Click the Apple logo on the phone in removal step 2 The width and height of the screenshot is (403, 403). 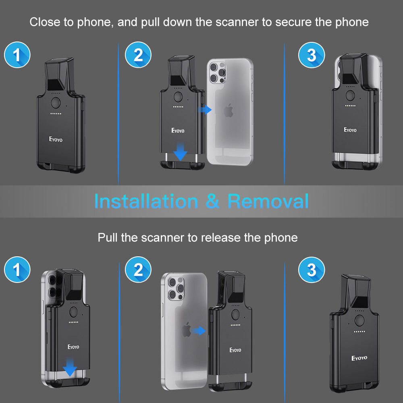click(186, 330)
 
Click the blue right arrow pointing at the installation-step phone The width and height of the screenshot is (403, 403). click(206, 110)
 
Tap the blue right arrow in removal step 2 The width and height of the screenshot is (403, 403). click(198, 331)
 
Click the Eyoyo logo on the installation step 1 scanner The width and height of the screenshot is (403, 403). click(56, 140)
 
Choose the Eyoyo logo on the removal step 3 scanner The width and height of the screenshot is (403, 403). click(359, 358)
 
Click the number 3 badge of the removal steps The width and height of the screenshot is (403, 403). click(311, 270)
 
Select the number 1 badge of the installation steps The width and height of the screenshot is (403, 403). click(17, 55)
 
